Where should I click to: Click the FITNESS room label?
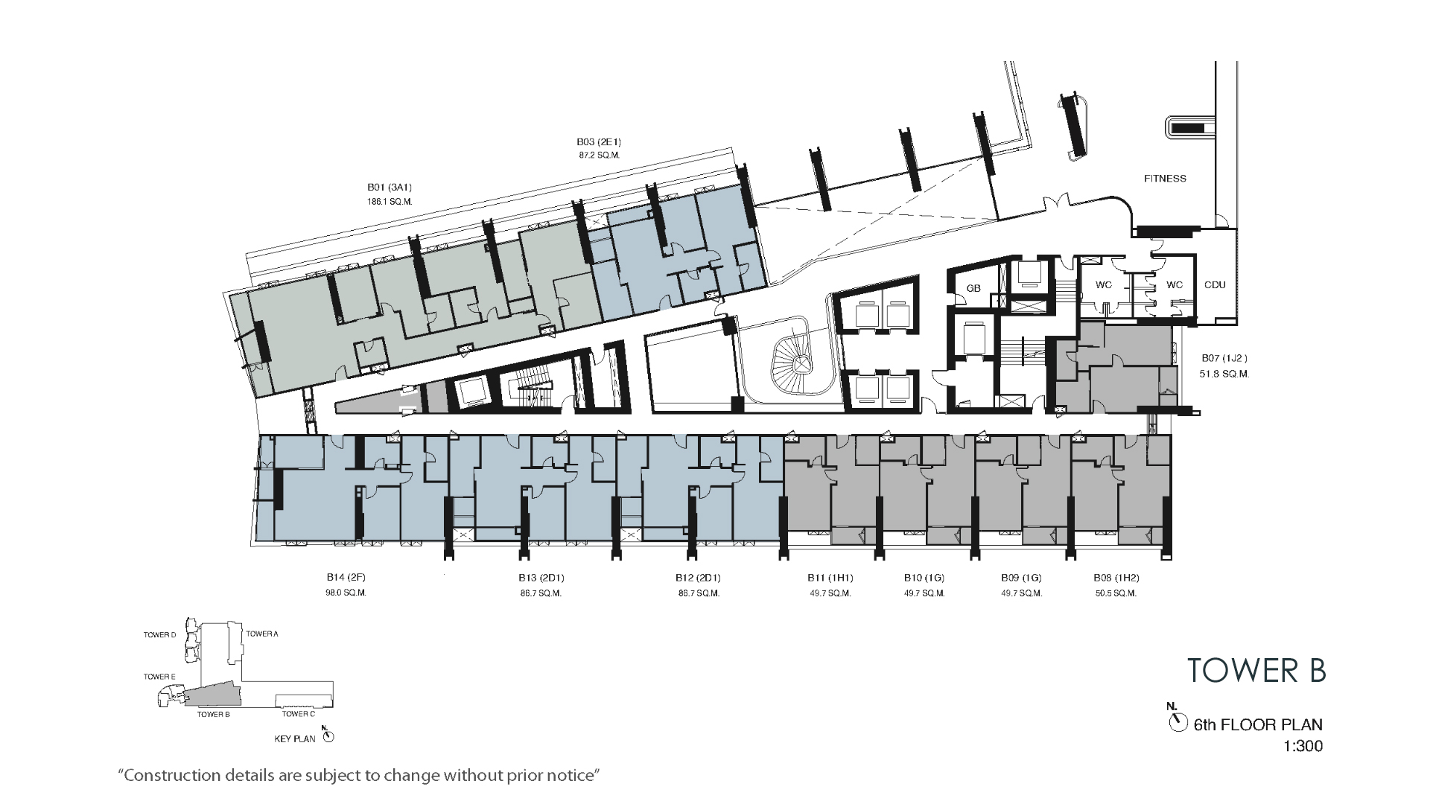pos(1165,179)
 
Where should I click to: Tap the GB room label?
pos(973,289)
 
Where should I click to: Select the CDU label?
pos(1214,285)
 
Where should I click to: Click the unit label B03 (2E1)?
pos(599,141)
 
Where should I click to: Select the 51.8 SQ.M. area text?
pos(1224,374)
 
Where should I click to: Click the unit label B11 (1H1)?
pos(830,578)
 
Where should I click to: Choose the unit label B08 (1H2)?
pos(1116,578)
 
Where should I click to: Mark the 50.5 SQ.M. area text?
pos(1116,593)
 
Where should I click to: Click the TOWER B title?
pos(1256,670)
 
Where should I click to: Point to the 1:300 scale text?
pos(1303,746)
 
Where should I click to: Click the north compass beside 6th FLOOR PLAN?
pos(1178,722)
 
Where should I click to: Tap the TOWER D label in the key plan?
pos(159,635)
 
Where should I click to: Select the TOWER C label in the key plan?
pos(298,715)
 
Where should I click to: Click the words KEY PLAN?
pos(295,739)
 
